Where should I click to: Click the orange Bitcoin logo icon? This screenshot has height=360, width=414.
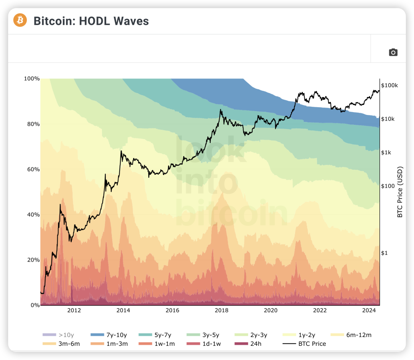pyautogui.click(x=20, y=20)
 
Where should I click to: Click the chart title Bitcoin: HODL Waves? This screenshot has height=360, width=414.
pyautogui.click(x=91, y=21)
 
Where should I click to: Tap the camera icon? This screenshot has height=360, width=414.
pyautogui.click(x=393, y=52)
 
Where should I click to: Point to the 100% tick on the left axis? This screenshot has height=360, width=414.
pyautogui.click(x=32, y=79)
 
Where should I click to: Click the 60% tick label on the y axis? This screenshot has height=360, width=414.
pyautogui.click(x=33, y=169)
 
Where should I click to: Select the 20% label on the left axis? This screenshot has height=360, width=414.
pyautogui.click(x=33, y=260)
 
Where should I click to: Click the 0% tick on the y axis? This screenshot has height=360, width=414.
pyautogui.click(x=35, y=305)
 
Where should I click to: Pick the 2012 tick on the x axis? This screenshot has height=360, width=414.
pyautogui.click(x=74, y=311)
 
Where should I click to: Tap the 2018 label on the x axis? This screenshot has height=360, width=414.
pyautogui.click(x=222, y=311)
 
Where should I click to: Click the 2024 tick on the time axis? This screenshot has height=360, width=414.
pyautogui.click(x=369, y=311)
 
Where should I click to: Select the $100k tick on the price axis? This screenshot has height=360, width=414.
pyautogui.click(x=389, y=85)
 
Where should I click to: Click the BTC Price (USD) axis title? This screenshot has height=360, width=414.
pyautogui.click(x=400, y=192)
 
